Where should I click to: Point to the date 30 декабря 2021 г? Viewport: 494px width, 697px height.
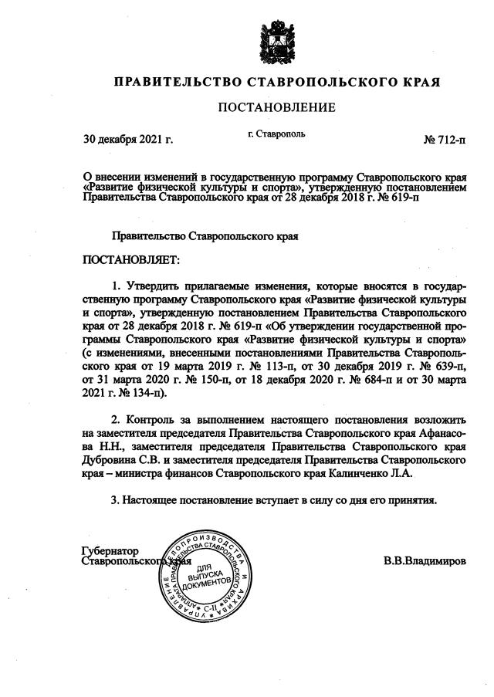coord(128,140)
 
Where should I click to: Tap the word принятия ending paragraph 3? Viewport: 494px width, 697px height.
coord(413,499)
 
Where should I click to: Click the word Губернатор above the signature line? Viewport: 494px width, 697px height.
coord(110,551)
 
